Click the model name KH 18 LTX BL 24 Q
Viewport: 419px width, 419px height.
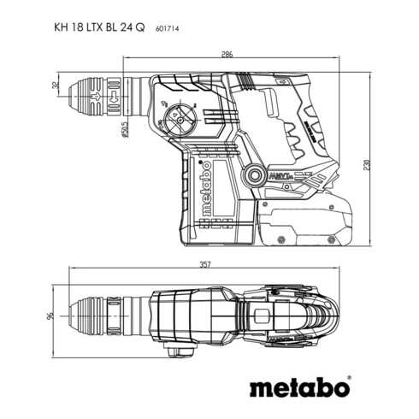click(x=95, y=27)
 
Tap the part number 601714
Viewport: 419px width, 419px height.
click(x=168, y=28)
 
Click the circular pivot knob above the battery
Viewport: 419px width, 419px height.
click(x=254, y=175)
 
